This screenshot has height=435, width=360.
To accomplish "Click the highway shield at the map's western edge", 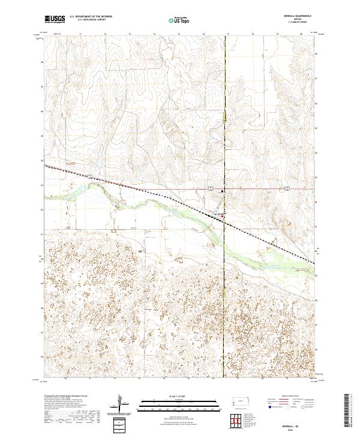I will [89, 176].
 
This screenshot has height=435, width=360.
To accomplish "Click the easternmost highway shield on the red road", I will [287, 188].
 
